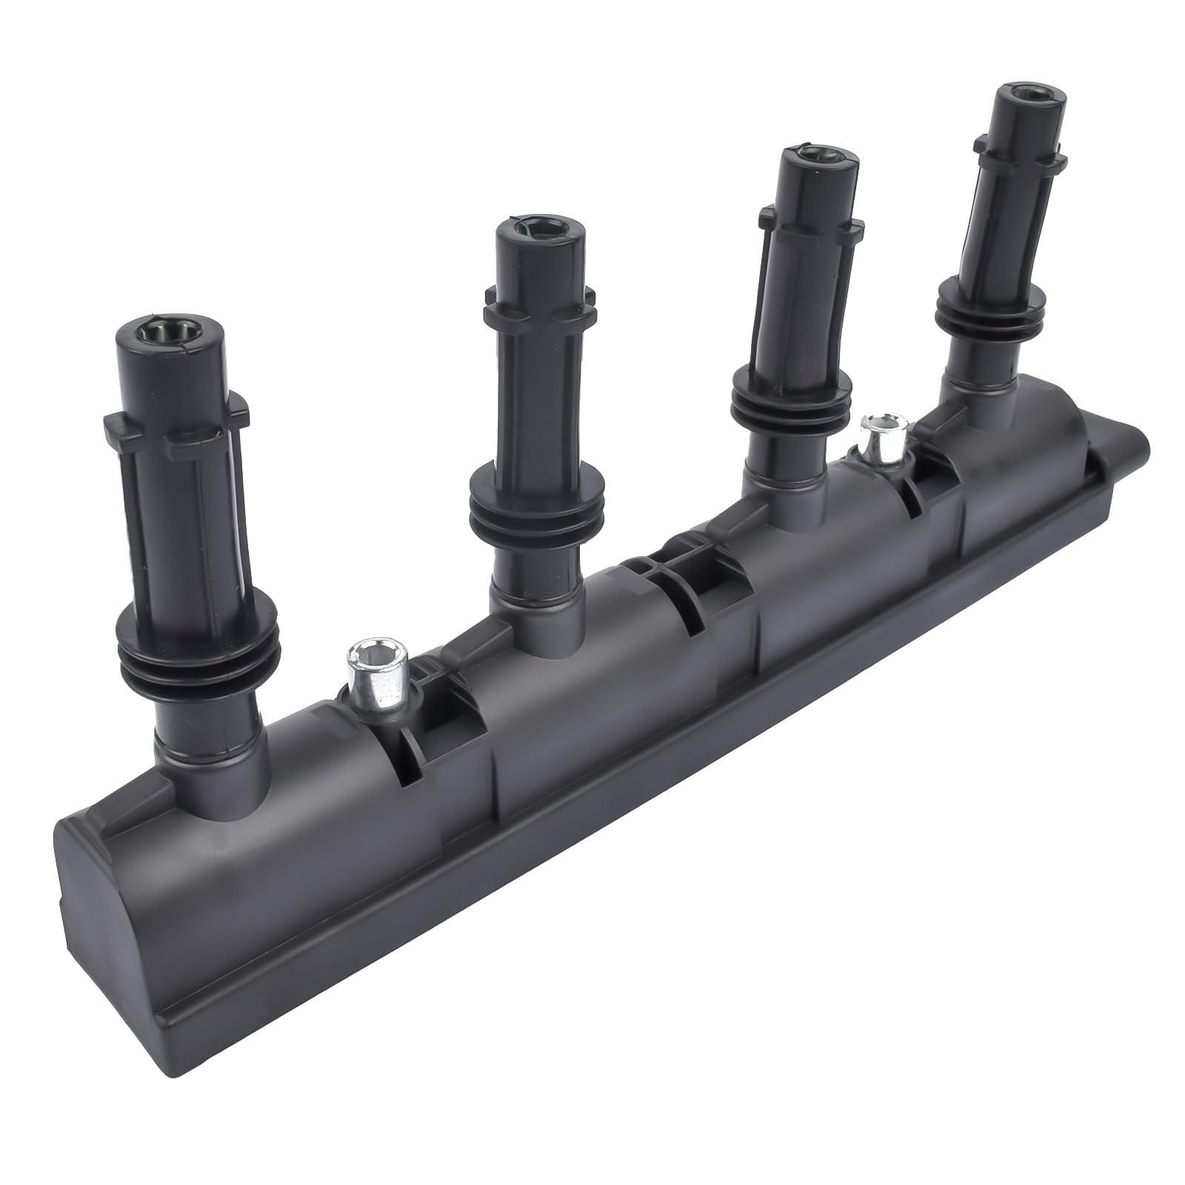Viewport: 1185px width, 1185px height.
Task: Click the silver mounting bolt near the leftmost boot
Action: [375, 673]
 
